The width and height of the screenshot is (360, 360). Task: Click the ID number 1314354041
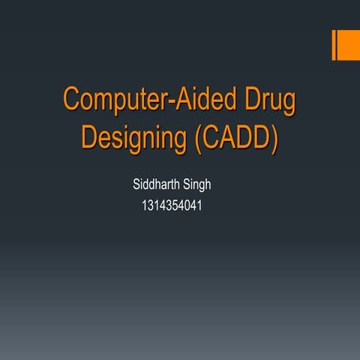171,203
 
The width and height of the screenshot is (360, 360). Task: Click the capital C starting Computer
72,100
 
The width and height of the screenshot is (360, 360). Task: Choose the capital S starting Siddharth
136,184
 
